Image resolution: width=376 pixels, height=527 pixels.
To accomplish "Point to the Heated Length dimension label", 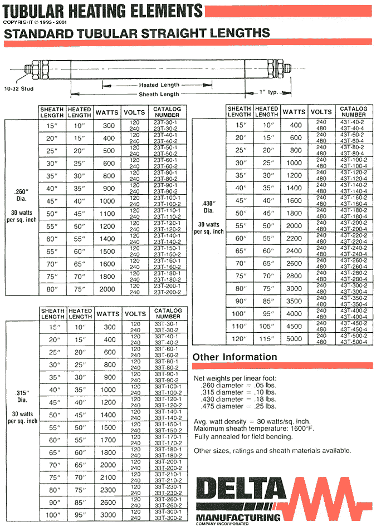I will pos(159,85).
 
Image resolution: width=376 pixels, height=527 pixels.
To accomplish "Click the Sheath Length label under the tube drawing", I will pos(159,95).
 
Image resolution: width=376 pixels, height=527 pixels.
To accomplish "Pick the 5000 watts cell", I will pos(294,339).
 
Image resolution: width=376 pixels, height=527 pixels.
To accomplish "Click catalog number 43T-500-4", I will pos(353,342).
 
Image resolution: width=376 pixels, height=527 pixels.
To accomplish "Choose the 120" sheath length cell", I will pos(240,339).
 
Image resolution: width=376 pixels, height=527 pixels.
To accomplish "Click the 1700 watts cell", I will pos(107,440).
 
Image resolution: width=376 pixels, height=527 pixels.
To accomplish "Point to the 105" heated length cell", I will pos(267,326).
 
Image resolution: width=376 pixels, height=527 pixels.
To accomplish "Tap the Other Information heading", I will pos(235,357).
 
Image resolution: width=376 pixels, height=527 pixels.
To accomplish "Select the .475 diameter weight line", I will pos(238,406).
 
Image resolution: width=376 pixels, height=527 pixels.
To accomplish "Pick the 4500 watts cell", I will pos(294,326).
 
